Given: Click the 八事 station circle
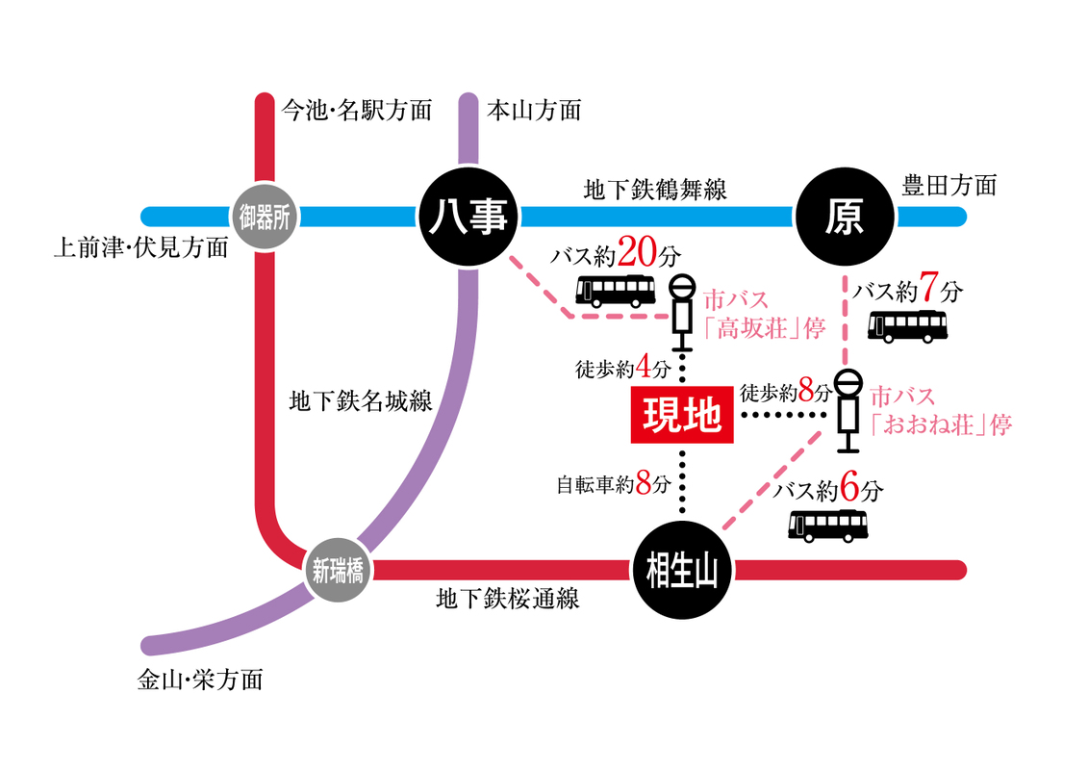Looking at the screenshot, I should [x=468, y=218].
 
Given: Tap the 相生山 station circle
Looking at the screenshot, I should [x=682, y=570].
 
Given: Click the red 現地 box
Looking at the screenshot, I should [x=681, y=417].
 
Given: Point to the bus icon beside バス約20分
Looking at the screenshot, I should [x=616, y=291].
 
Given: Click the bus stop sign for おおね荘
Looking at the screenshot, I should [x=848, y=409].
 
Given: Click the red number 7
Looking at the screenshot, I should [x=928, y=288].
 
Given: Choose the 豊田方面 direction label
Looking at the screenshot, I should [x=949, y=184].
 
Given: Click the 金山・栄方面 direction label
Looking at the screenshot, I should [x=199, y=680].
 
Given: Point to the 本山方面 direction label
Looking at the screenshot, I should [x=534, y=110].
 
